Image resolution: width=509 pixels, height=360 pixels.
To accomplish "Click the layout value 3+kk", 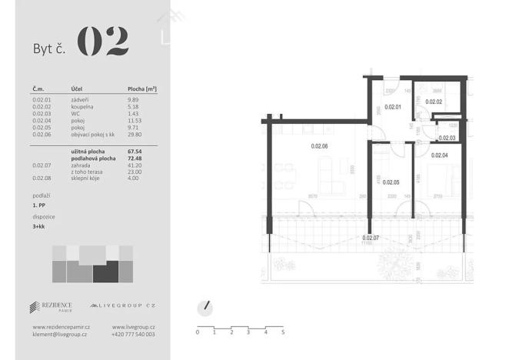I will coord(39,227).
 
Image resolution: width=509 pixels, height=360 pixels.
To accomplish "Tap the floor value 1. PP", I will coord(38,207).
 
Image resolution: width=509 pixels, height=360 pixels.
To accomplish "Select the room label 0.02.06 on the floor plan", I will coord(319,146).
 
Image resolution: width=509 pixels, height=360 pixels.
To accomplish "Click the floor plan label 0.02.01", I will coord(393,107).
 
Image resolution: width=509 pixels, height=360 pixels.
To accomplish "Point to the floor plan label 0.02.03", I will coord(447,138).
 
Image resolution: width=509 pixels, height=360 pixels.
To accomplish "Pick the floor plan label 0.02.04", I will coord(440,155).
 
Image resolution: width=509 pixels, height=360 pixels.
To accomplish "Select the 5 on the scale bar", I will coord(283,332).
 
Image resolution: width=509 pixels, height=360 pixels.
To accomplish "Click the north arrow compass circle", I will coord(205,307).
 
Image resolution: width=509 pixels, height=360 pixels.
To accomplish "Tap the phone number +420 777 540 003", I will coord(133,335).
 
